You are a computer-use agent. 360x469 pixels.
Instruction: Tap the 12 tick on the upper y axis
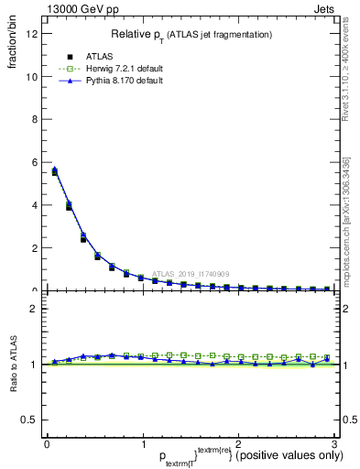tap(34, 34)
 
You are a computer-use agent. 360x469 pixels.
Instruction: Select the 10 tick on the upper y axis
tap(34, 77)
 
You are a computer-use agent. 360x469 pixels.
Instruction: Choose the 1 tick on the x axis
tap(142, 443)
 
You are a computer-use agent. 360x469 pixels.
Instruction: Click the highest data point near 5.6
tap(55, 170)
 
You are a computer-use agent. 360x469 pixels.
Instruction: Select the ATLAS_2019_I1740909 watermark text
tap(192, 274)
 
